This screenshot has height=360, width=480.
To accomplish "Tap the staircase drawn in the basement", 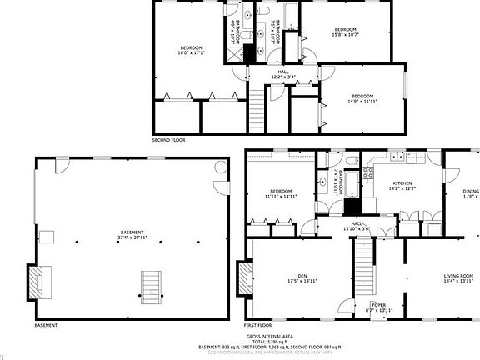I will tap(151, 285).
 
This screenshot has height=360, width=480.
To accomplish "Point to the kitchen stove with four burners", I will tap(366, 175).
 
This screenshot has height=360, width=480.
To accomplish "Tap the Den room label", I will tap(286, 280).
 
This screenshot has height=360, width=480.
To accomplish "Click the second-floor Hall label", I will tap(283, 74).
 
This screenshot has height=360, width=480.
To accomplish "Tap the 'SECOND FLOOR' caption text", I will tap(168, 140).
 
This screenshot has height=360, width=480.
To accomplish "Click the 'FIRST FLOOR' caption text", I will tap(259, 324).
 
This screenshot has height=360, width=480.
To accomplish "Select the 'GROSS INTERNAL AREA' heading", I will tap(269, 335).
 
